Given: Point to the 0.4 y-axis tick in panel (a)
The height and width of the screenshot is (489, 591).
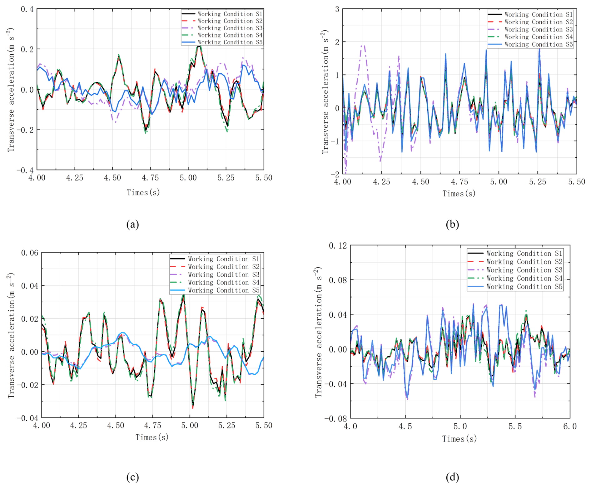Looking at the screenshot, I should point(27,9).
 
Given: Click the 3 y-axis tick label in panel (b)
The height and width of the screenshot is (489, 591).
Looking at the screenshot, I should point(337,9).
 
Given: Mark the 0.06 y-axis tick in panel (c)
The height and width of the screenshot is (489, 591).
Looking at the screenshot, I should point(30,253).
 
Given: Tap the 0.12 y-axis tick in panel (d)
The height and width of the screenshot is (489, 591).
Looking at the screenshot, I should point(338,246).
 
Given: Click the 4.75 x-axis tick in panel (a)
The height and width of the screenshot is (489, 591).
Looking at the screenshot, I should point(151,178).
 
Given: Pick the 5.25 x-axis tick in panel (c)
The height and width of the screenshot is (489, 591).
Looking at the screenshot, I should point(227,425).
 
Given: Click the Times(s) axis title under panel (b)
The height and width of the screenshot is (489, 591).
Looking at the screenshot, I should point(459,194).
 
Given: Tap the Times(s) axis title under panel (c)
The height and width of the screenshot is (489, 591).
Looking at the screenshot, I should point(152,437).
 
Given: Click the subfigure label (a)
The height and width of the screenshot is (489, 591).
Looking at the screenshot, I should point(132,224).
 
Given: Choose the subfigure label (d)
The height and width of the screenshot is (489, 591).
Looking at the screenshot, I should point(452,477).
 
